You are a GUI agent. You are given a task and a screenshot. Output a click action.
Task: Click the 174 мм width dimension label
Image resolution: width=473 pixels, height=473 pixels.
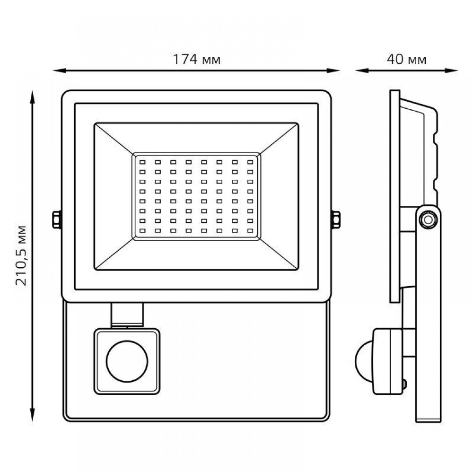tap(197, 60)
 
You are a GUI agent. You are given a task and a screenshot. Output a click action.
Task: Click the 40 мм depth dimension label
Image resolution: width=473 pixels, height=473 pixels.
tap(407, 60)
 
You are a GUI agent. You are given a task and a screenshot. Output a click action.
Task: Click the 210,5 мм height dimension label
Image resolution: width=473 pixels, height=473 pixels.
tap(21, 255)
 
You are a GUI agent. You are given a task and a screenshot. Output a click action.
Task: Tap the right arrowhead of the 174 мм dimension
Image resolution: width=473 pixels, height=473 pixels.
tap(333, 70)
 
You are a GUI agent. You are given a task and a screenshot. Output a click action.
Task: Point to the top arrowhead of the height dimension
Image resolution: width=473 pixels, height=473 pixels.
tap(32, 97)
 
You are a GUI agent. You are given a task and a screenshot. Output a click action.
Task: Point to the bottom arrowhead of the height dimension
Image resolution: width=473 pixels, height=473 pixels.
tap(32, 415)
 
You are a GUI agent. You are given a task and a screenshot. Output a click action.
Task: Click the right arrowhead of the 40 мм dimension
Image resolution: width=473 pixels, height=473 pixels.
tap(452, 70)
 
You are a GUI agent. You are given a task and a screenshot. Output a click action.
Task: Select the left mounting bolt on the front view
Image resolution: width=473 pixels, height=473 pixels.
tap(56, 219)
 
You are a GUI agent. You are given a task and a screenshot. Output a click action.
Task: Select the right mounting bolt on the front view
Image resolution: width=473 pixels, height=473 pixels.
tap(336, 219)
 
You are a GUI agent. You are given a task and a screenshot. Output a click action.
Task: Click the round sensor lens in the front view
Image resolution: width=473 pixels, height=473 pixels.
tap(127, 361)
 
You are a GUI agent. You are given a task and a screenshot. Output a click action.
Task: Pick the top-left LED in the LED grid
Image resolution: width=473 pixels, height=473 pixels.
tap(142, 162)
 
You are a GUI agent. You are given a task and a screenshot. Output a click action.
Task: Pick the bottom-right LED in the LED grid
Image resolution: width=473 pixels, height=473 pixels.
tap(250, 231)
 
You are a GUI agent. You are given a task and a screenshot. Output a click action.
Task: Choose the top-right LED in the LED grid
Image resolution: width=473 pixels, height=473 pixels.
tap(250, 162)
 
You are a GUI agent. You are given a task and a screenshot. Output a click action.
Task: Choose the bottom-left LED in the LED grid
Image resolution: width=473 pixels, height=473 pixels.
tap(142, 231)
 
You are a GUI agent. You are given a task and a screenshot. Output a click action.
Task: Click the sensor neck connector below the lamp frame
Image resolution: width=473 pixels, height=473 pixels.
tap(127, 315)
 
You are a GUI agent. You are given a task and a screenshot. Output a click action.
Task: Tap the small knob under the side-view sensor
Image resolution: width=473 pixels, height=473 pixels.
tap(404, 384)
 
